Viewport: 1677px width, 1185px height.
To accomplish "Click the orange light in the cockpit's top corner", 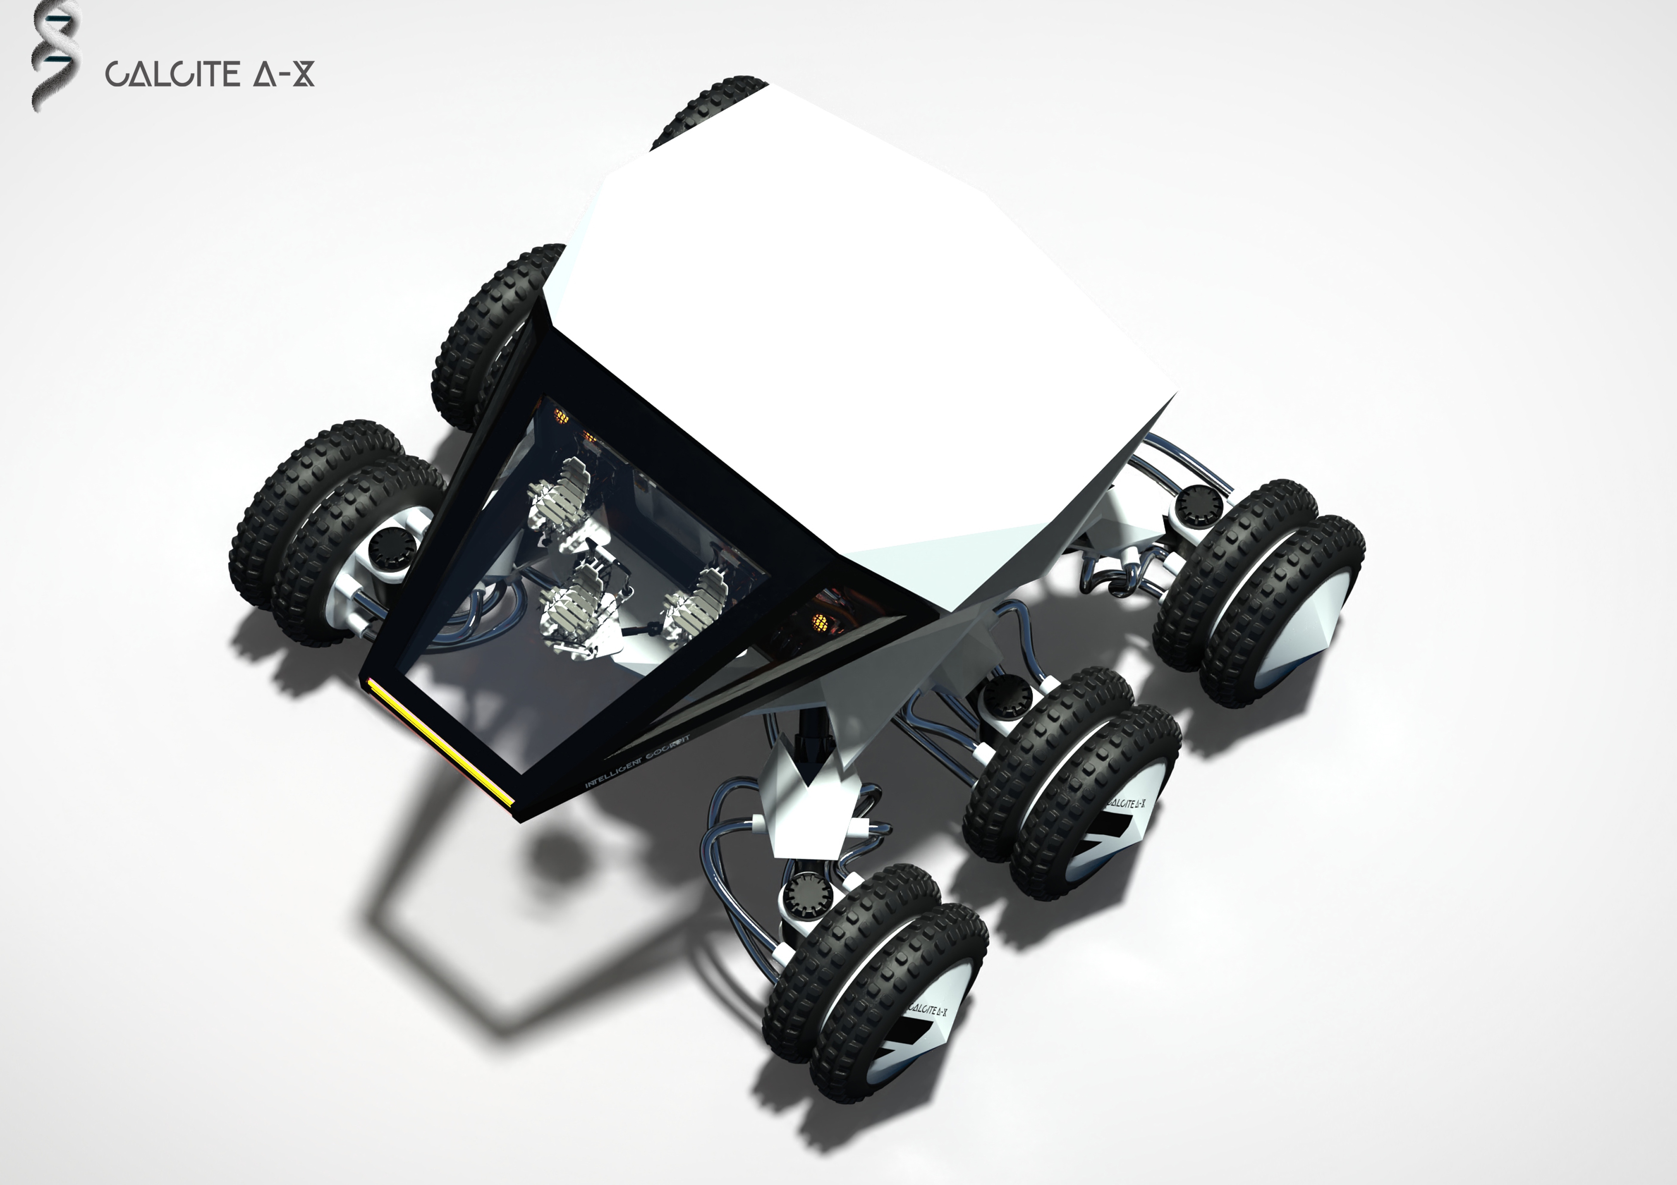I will tap(561, 416).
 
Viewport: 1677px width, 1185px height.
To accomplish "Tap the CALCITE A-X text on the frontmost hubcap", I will tap(929, 1011).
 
